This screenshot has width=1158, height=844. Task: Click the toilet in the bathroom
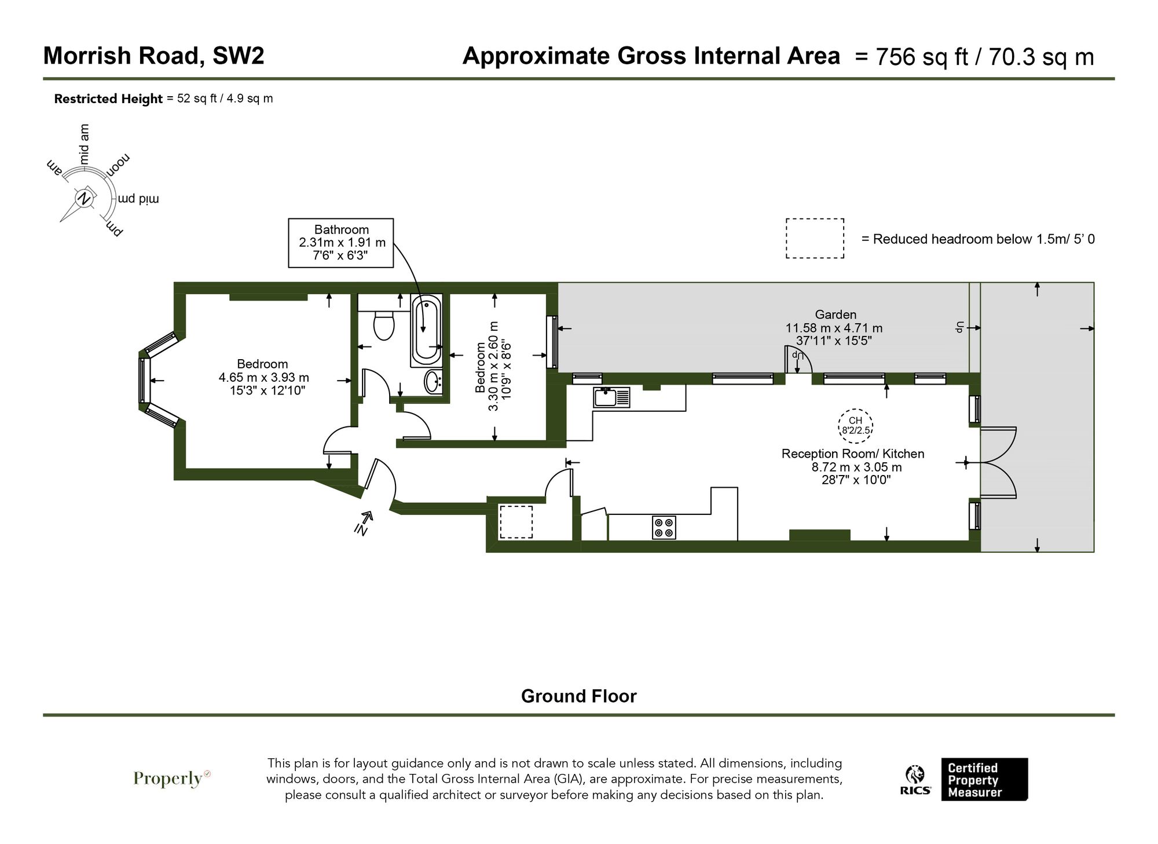point(383,326)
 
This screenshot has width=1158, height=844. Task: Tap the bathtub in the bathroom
point(426,330)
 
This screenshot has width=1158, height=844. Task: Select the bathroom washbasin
point(433,382)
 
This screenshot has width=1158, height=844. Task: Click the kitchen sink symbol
point(611,398)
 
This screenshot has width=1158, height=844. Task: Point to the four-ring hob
point(664,527)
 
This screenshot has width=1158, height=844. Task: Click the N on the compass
point(85,199)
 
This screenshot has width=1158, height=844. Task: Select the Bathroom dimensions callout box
point(341,243)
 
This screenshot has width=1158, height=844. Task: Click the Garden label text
point(835,315)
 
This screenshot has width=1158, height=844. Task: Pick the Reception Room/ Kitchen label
point(852,454)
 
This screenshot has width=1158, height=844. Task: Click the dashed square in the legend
point(814,238)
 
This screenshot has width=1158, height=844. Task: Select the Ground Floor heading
point(578,696)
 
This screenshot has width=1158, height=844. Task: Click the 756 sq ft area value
point(921,57)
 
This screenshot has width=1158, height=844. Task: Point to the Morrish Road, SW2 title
point(153,56)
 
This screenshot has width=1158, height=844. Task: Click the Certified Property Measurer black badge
point(984,779)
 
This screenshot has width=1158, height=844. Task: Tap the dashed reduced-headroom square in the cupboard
point(515,521)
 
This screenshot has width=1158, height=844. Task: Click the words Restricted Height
point(108,98)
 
